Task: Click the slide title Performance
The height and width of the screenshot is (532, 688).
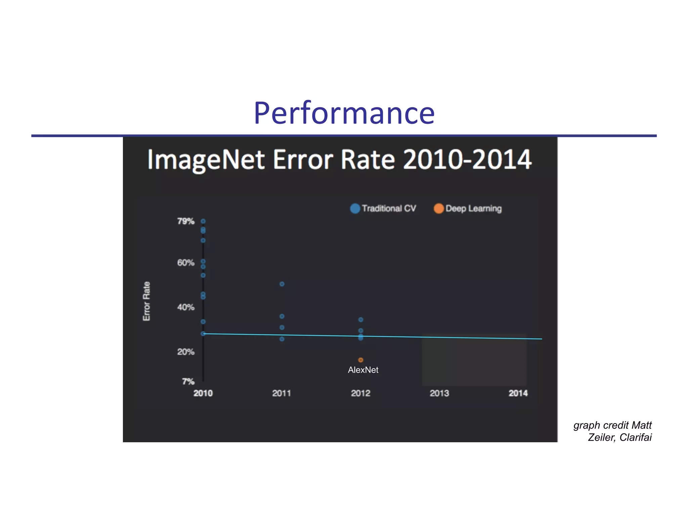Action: [344, 113]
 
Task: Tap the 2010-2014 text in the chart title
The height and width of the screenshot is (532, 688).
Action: [467, 159]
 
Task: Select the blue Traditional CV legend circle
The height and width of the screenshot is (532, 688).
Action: [355, 208]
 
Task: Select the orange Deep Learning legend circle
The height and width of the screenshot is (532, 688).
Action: [438, 208]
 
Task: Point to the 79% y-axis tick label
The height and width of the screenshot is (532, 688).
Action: [186, 221]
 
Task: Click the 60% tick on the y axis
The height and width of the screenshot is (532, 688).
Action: [186, 263]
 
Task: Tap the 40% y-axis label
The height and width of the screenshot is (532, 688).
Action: [186, 307]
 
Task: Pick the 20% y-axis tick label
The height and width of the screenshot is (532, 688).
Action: [186, 352]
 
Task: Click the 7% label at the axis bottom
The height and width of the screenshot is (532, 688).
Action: [188, 381]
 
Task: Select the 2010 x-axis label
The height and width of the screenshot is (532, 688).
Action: [203, 393]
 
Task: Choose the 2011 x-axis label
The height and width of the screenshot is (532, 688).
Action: [282, 393]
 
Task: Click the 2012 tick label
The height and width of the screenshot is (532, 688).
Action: [360, 393]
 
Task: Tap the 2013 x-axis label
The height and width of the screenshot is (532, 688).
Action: [439, 393]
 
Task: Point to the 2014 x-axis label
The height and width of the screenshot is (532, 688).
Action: [518, 393]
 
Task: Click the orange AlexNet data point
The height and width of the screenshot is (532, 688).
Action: [360, 360]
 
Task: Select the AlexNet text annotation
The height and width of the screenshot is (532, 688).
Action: [363, 370]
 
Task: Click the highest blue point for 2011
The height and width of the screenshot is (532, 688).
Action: [282, 284]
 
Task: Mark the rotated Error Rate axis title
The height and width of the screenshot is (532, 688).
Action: [146, 301]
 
